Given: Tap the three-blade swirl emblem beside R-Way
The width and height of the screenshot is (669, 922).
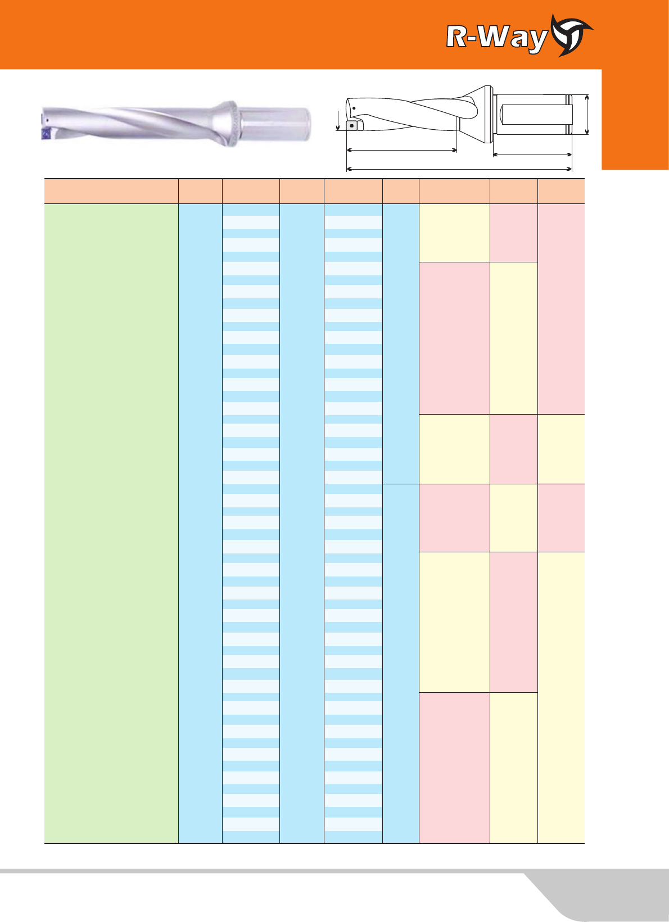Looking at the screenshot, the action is (x=572, y=35).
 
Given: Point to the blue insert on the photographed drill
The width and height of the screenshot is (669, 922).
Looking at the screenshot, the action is (x=46, y=134).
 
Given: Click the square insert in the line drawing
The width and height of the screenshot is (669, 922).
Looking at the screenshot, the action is (x=351, y=125).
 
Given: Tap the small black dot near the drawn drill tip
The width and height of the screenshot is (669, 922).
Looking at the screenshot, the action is (x=354, y=108).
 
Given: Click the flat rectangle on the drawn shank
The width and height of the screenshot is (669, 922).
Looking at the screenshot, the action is (x=536, y=115).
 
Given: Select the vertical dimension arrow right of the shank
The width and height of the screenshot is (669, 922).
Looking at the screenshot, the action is (x=587, y=115).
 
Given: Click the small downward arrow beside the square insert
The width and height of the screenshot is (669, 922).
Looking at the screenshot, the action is (x=338, y=120).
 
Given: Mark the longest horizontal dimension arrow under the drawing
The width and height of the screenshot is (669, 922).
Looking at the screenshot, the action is (x=459, y=169).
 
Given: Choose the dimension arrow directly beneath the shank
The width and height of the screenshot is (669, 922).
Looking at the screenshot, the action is (x=532, y=155).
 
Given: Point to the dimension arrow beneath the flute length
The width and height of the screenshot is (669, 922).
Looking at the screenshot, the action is (x=401, y=150).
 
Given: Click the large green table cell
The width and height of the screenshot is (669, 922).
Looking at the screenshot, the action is (x=111, y=523).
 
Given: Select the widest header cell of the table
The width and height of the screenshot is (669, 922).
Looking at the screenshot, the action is (x=111, y=191).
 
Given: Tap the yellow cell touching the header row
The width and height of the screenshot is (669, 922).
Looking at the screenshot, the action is (x=454, y=233).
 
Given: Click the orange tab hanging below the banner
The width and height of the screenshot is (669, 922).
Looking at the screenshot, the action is (x=635, y=119).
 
